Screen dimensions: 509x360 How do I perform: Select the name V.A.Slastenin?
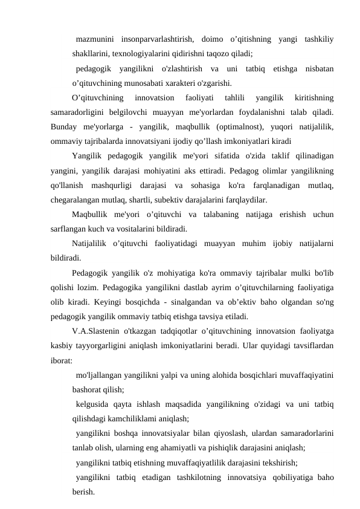(99, 331)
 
